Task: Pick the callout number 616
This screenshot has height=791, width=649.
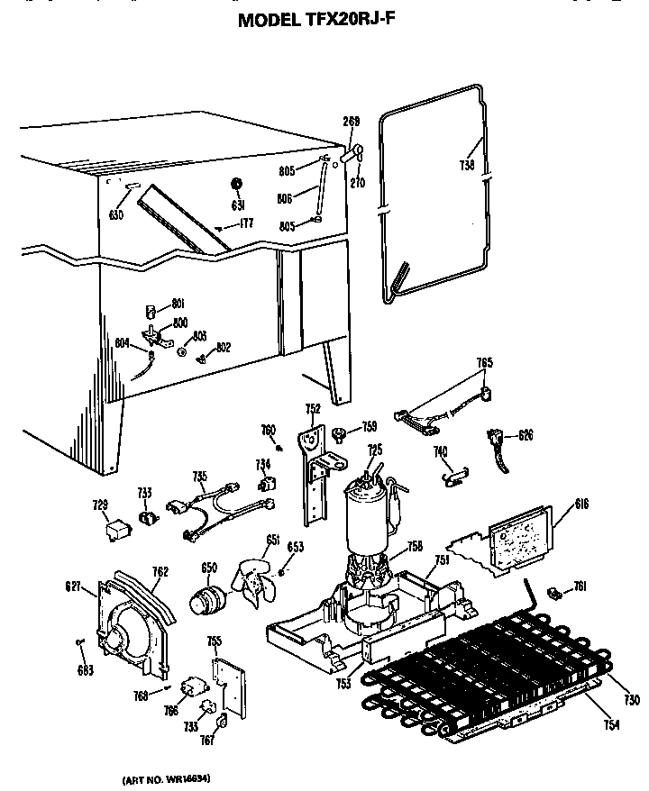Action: pos(581,505)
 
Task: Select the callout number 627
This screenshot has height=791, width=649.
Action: pos(73,588)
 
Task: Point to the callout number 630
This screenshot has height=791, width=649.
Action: pos(115,214)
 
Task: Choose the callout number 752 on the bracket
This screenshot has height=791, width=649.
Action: pos(312,409)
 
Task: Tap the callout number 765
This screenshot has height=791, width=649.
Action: pos(485,363)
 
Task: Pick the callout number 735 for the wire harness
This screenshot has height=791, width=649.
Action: pos(199,477)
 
